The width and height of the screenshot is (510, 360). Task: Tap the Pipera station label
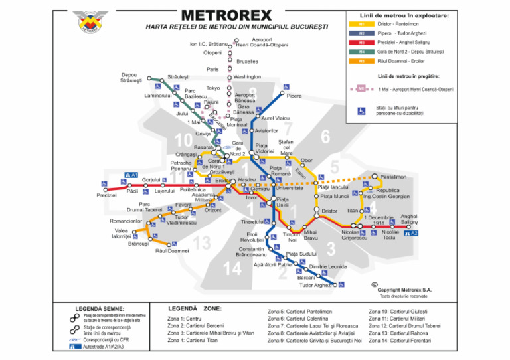click(x=294, y=96)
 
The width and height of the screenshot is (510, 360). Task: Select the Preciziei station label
click(x=106, y=195)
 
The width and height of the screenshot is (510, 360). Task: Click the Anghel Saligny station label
click(x=409, y=219)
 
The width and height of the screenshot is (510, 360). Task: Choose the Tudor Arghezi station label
click(x=315, y=285)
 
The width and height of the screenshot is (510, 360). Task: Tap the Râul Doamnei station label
click(x=172, y=251)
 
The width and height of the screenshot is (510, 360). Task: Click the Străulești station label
click(x=179, y=77)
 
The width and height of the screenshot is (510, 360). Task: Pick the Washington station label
click(x=247, y=77)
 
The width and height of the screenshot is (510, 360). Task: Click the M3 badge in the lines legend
click(x=362, y=42)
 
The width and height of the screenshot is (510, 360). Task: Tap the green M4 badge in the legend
click(x=362, y=51)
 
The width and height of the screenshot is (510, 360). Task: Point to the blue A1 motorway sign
click(x=131, y=175)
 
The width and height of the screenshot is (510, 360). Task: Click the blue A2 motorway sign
click(x=414, y=233)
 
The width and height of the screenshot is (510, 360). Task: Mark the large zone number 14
click(x=232, y=268)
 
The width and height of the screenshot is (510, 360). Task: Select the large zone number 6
click(x=325, y=137)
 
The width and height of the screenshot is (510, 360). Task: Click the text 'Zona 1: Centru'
click(x=185, y=319)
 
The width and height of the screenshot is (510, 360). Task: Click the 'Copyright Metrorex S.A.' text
click(x=404, y=290)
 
